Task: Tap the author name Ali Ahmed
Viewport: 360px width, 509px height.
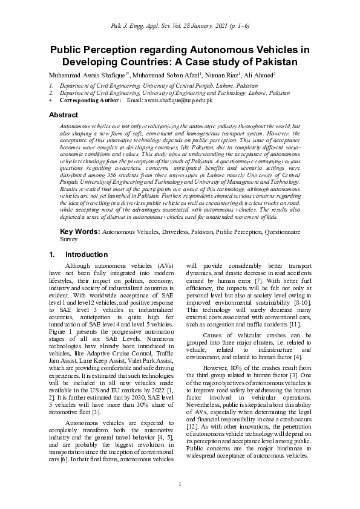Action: tap(260, 75)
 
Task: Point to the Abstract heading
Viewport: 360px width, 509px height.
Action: tap(64, 115)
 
